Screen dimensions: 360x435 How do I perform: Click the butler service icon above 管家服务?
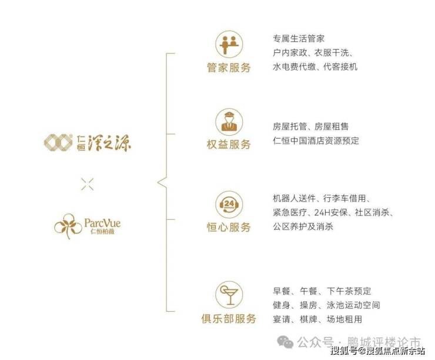click(228, 44)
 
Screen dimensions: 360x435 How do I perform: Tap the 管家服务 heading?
click(228, 68)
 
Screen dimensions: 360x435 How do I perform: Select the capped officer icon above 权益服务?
click(228, 120)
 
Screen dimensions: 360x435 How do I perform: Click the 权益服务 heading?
click(228, 144)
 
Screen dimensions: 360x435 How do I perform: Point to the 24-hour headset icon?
click(228, 203)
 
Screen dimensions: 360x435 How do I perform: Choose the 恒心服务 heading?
click(228, 227)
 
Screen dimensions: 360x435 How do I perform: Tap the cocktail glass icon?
click(228, 294)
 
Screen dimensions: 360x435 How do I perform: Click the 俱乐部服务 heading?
click(228, 319)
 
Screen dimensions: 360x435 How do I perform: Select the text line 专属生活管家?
click(298, 39)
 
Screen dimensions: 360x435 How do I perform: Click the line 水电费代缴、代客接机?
click(314, 67)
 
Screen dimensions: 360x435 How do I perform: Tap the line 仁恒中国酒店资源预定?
click(316, 141)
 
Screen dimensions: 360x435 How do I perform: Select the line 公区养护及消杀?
click(302, 226)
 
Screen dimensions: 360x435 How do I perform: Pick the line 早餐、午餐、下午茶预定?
click(322, 291)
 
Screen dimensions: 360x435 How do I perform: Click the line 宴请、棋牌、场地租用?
click(317, 319)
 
